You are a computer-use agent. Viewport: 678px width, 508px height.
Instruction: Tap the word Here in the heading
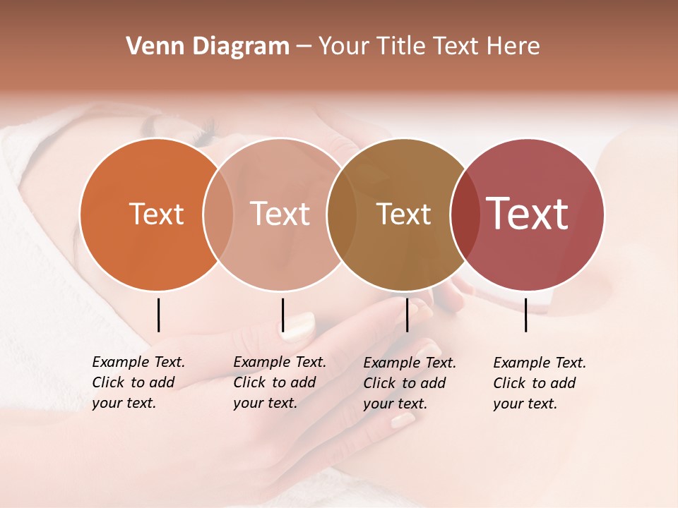tap(513, 47)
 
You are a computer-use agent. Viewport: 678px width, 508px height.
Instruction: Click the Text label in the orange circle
tap(156, 214)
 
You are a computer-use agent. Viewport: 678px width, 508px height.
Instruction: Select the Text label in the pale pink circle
tap(280, 214)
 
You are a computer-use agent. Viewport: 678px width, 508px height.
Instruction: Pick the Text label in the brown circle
tap(403, 214)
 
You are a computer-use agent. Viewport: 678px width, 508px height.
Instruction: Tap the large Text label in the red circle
tap(528, 214)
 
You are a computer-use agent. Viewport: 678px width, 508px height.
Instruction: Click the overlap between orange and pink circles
tap(218, 214)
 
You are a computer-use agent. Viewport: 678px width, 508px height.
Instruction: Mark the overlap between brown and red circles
tap(465, 214)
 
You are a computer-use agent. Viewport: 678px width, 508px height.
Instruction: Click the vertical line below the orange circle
tap(158, 315)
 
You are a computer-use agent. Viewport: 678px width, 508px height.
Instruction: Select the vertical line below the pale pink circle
tap(282, 315)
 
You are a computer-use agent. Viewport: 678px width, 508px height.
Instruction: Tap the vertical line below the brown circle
tap(407, 315)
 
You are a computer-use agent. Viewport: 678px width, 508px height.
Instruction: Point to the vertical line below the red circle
tap(525, 315)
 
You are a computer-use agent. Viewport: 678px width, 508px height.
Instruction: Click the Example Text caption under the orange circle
tap(138, 382)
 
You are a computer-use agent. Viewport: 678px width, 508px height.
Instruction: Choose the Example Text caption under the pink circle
tap(279, 382)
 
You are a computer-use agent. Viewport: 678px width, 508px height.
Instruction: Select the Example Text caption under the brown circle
tap(409, 383)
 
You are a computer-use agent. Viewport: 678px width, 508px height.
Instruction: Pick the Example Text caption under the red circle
tap(539, 383)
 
